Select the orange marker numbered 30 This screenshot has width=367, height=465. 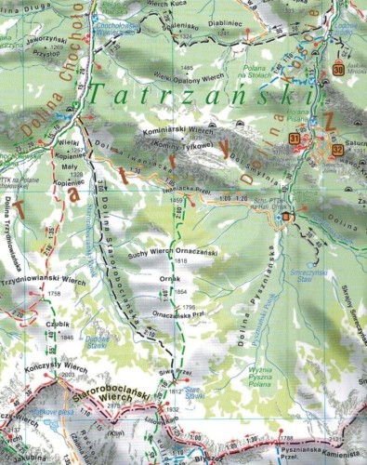[x=338, y=71]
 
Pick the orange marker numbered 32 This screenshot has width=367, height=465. [x=337, y=149]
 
